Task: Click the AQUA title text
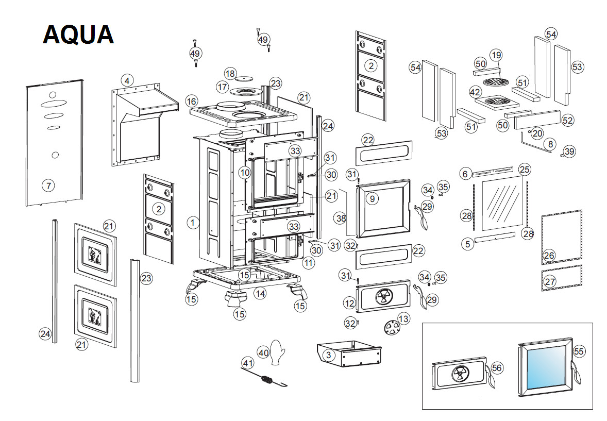pyautogui.click(x=78, y=35)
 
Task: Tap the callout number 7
pyautogui.click(x=48, y=185)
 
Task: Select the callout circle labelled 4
pyautogui.click(x=127, y=80)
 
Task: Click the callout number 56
pyautogui.click(x=497, y=368)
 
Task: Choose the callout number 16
pyautogui.click(x=192, y=100)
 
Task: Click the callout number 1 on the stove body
pyautogui.click(x=193, y=223)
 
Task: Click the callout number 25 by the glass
pyautogui.click(x=524, y=169)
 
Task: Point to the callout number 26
pyautogui.click(x=548, y=255)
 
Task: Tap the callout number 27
pyautogui.click(x=550, y=282)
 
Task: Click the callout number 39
pyautogui.click(x=569, y=151)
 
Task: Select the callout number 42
pyautogui.click(x=475, y=92)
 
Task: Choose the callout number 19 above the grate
pyautogui.click(x=496, y=55)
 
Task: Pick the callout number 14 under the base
pyautogui.click(x=260, y=293)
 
